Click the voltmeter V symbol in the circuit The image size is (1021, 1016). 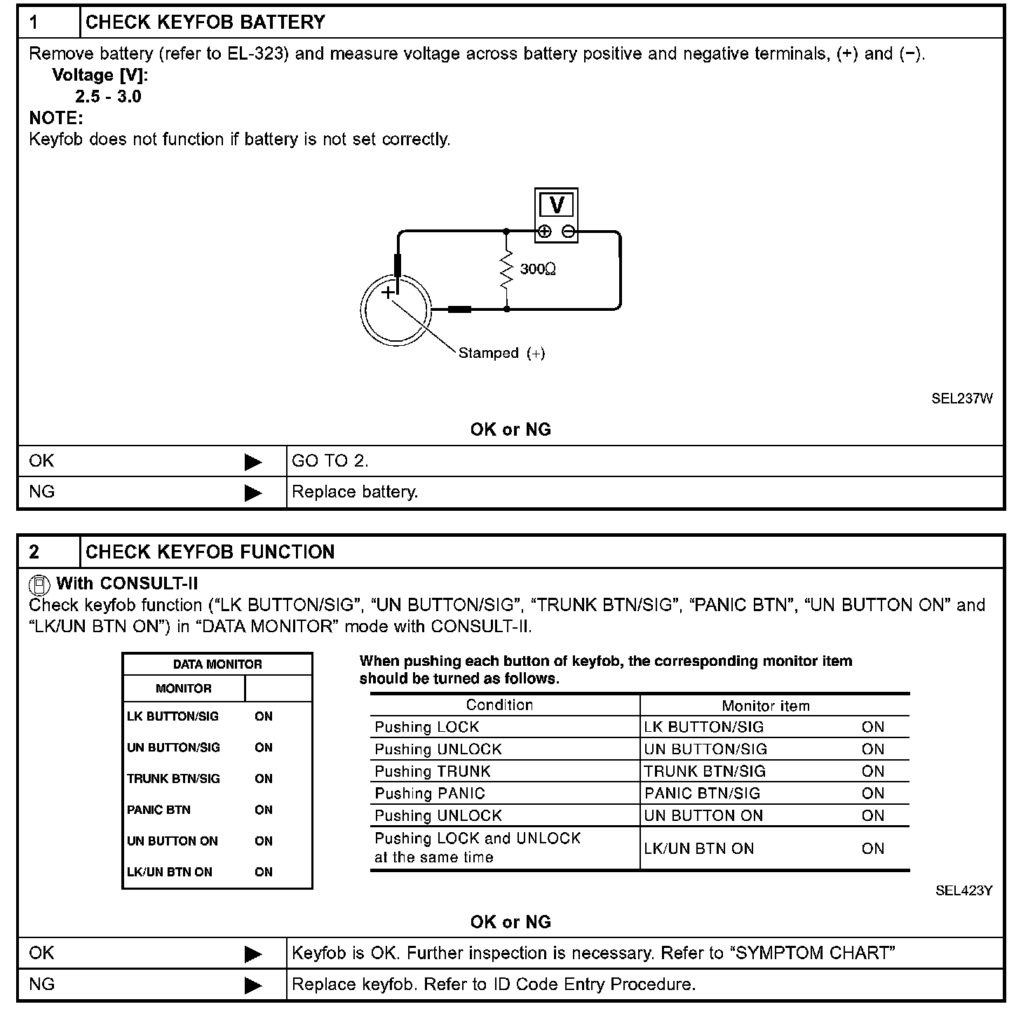[557, 205]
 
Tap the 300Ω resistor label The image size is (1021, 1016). [538, 269]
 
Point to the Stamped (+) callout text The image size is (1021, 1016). [501, 353]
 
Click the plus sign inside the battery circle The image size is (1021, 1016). [388, 292]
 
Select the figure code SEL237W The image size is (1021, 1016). [961, 399]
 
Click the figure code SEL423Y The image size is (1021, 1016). [963, 890]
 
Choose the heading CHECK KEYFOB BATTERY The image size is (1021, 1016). [205, 22]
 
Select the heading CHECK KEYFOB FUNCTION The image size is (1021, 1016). [210, 552]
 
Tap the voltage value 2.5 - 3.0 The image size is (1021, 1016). [109, 97]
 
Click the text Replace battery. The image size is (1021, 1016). [355, 492]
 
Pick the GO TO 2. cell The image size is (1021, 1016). [330, 461]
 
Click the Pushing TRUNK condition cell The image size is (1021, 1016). [433, 771]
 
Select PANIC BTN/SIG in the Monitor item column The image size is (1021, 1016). [702, 794]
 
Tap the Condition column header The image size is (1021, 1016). [499, 705]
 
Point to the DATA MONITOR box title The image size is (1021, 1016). [217, 664]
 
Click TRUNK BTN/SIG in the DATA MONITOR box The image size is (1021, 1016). [173, 779]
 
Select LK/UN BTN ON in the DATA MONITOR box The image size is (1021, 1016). [169, 872]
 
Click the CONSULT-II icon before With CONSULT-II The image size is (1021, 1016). [40, 584]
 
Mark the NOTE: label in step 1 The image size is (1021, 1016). [56, 118]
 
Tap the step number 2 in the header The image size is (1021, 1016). [34, 552]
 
